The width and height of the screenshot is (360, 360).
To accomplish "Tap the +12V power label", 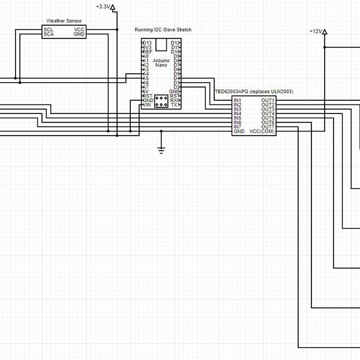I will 316,31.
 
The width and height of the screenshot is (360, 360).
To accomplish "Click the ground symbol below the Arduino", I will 161,149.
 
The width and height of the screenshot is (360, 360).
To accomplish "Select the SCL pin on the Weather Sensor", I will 48,29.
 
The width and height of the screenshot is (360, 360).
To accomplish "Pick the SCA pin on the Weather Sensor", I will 48,34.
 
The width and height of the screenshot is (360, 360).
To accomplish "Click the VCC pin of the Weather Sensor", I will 79,29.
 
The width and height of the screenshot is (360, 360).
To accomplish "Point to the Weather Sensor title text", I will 64,21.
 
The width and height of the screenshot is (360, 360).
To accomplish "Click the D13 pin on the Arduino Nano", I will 147,43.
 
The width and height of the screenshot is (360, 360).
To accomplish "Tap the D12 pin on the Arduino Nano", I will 175,43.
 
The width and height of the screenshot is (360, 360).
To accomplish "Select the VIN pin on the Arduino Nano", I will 146,105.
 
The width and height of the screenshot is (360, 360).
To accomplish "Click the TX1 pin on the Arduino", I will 175,105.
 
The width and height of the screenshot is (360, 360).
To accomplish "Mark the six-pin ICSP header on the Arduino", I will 161,102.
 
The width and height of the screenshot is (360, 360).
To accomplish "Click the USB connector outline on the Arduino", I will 161,44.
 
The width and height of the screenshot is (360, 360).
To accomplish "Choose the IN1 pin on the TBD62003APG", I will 238,100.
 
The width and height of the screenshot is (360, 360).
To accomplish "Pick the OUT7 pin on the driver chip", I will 268,127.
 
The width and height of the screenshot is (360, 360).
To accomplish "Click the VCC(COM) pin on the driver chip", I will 262,131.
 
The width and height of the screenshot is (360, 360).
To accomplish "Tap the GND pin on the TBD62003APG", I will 239,131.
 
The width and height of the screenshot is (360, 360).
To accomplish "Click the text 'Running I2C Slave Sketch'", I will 163,29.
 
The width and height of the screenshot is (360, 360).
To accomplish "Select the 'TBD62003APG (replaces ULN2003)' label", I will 254,91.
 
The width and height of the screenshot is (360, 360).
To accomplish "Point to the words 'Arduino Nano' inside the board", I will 161,63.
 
